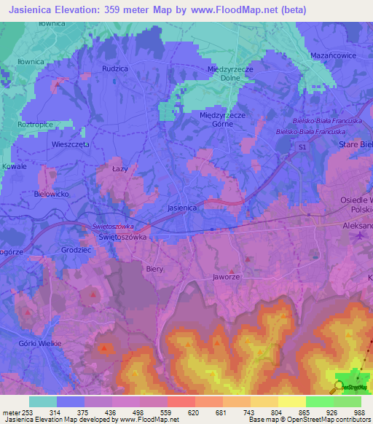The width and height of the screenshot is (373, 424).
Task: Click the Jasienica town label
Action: coord(182,208)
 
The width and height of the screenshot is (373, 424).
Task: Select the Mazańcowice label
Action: coord(331,55)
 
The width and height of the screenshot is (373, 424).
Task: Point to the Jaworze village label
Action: coord(227,278)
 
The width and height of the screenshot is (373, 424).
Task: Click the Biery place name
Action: coord(154,267)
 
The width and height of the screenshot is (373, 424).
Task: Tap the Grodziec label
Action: coord(76,249)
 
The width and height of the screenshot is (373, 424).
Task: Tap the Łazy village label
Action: coord(119,169)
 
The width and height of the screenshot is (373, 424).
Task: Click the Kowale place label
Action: coord(14,166)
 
